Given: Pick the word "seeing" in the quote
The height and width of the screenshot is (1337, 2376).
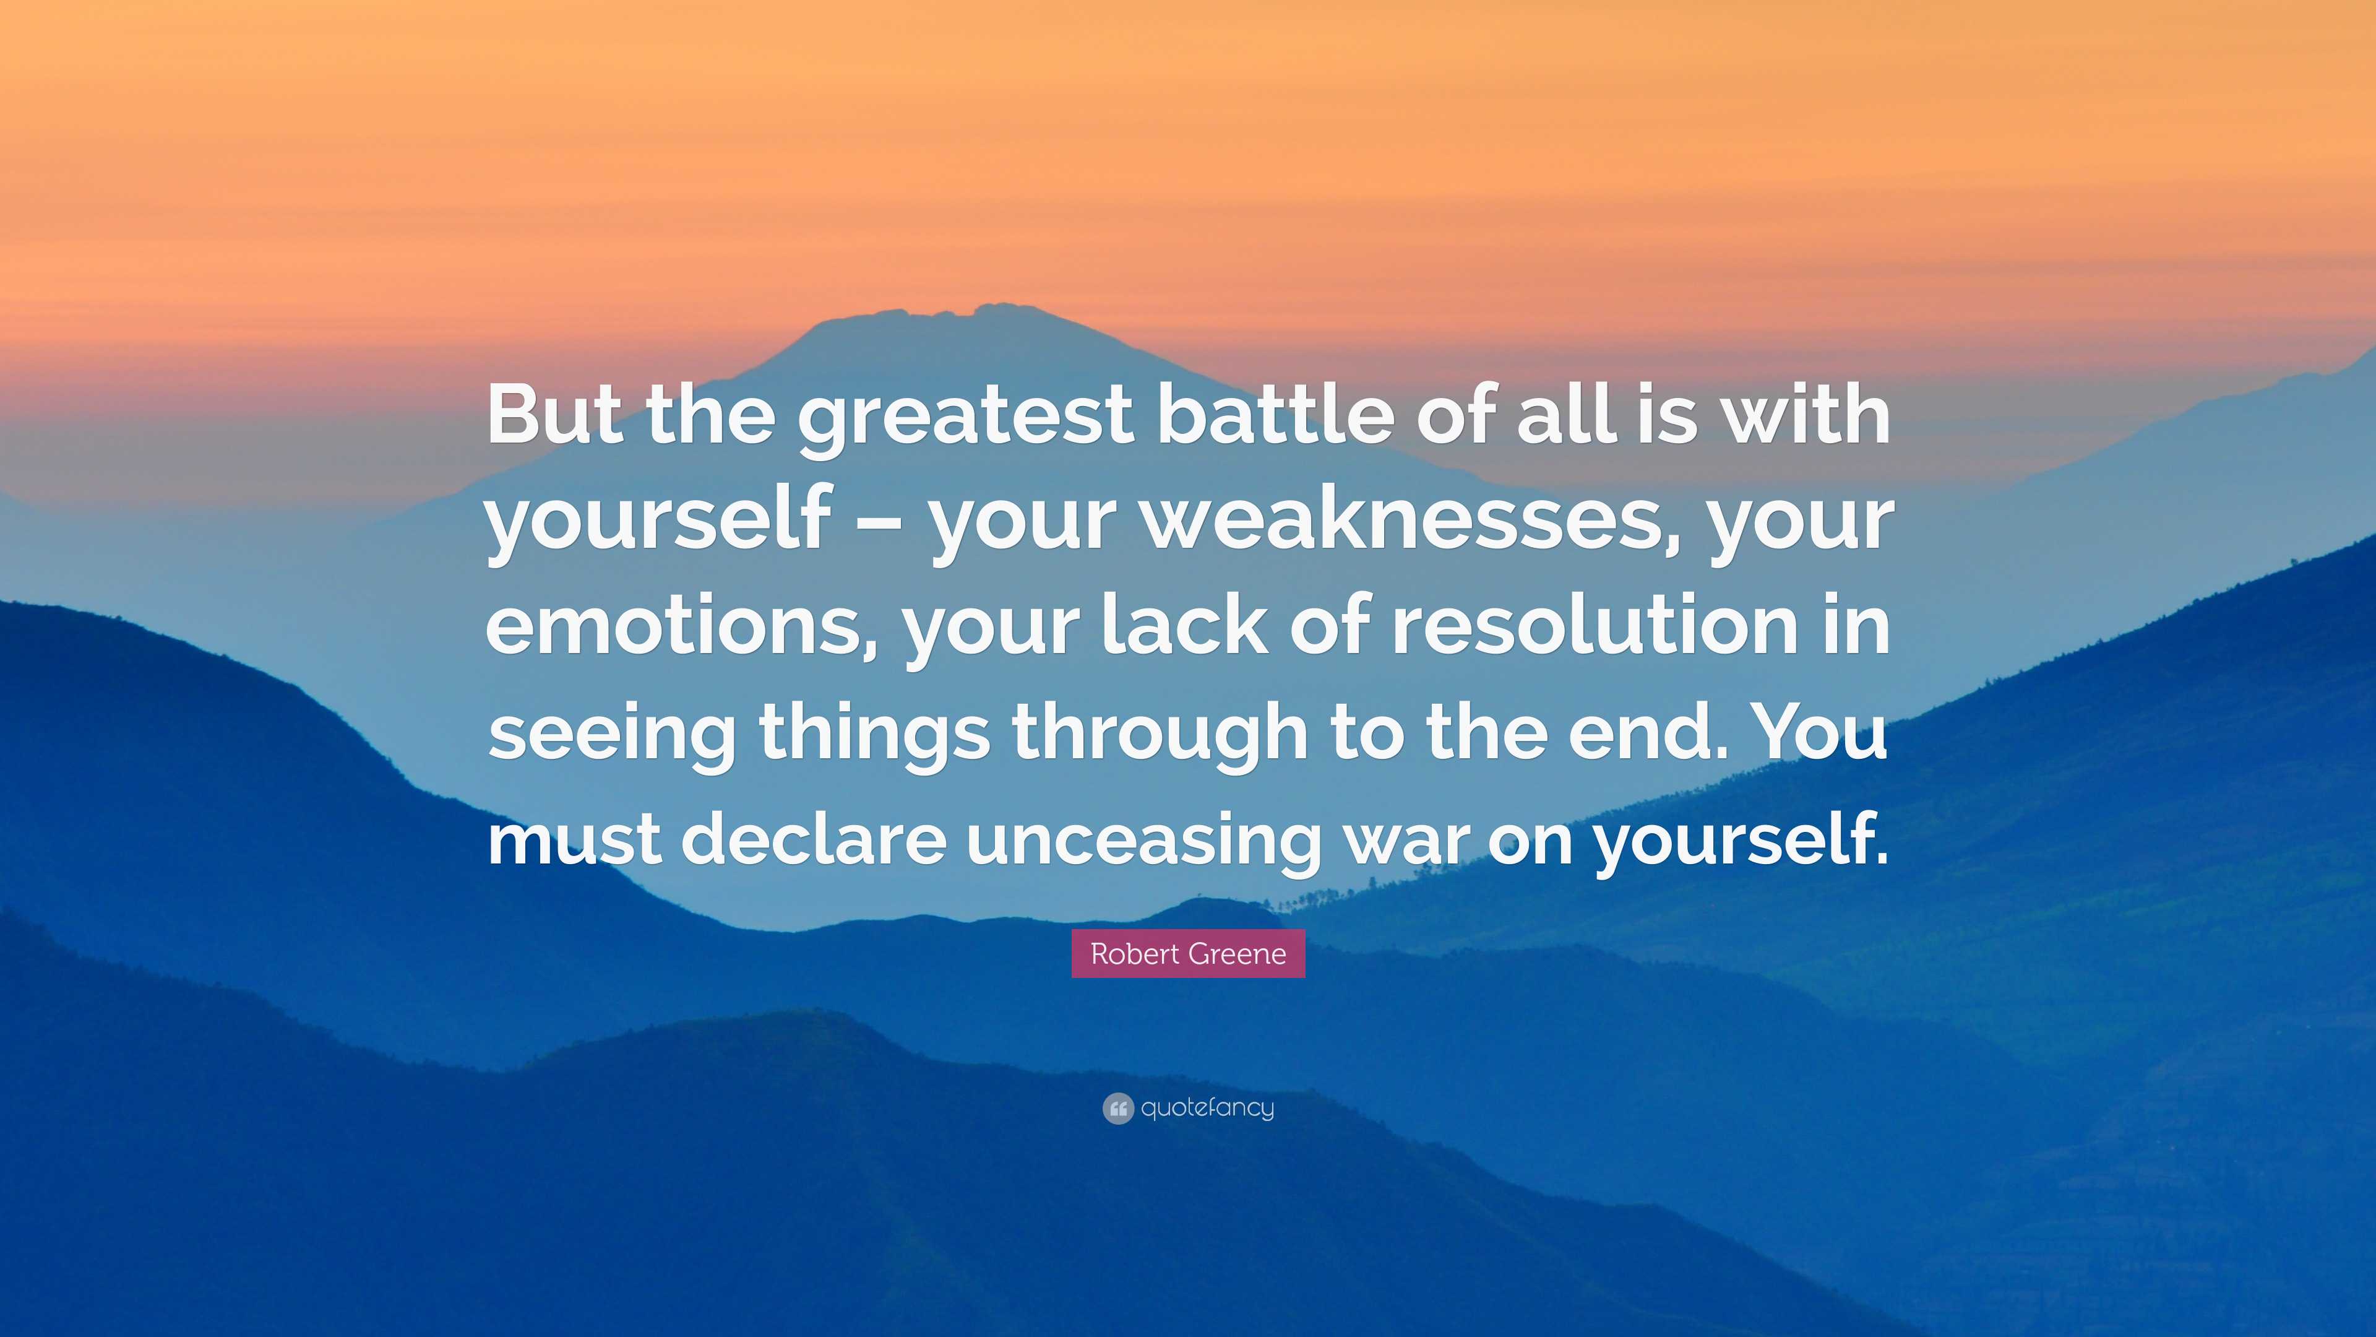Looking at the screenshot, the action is point(611,735).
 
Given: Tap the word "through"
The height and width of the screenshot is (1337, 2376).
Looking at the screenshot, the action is point(1160,735).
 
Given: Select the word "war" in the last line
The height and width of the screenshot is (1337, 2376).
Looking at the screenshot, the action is point(1405,844).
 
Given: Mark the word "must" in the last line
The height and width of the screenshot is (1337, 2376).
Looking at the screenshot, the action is point(574,841).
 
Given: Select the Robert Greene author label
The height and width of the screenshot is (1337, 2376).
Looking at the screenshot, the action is point(1188,953).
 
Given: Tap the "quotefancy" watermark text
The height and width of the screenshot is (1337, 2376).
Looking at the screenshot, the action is point(1207,1107).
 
